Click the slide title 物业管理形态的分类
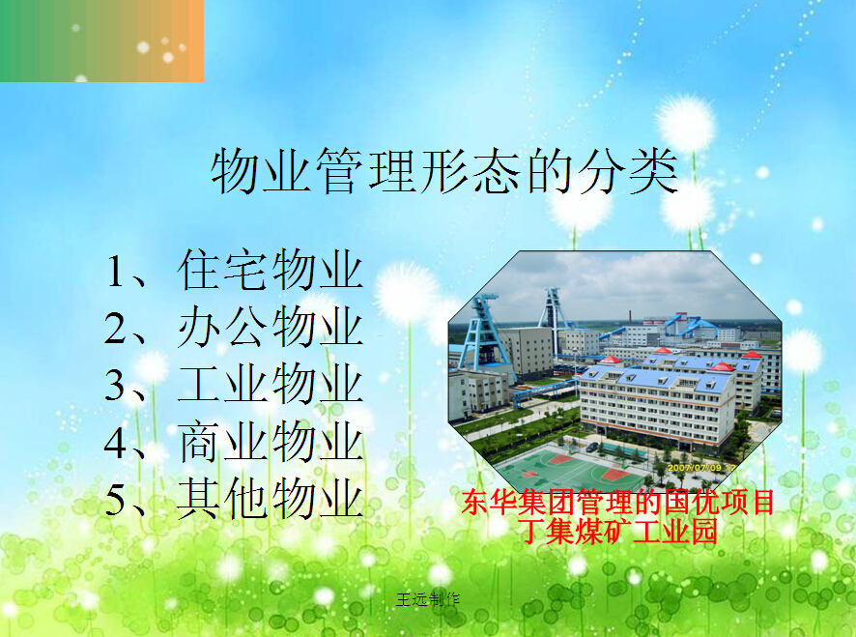pos(444,171)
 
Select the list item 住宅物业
pos(271,270)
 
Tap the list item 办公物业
pos(271,326)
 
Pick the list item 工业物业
pos(271,384)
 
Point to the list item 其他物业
pos(271,498)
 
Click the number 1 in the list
pos(115,272)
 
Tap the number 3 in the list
pos(115,385)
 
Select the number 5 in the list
pos(115,500)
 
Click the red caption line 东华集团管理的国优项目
pos(617,502)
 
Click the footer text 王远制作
pos(428,600)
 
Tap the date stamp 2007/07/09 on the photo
pos(695,468)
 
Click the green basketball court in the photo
pos(569,469)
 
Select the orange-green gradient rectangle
pos(101,41)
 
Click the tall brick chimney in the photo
pos(630,319)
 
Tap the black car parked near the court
pos(592,447)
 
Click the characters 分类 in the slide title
pos(628,171)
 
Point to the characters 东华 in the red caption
pos(488,502)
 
